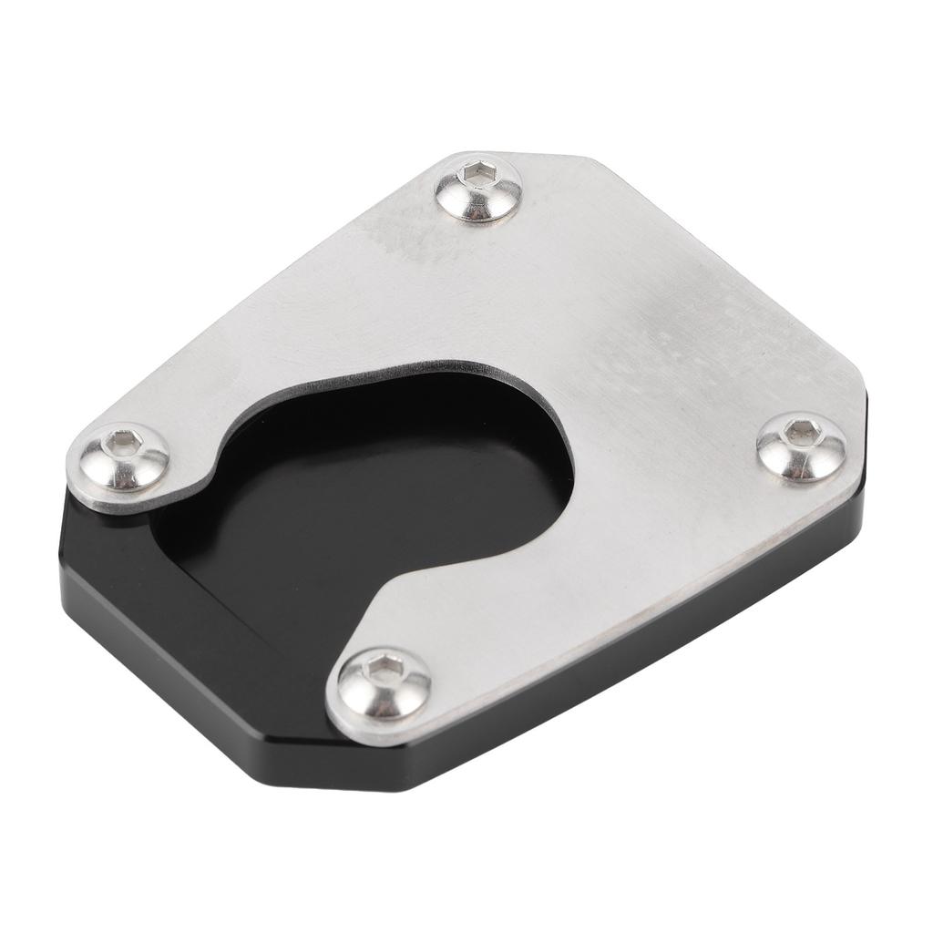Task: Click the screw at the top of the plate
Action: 477,189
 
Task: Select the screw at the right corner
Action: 801,445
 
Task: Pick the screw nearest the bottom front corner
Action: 384,683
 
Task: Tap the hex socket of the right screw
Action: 800,429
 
